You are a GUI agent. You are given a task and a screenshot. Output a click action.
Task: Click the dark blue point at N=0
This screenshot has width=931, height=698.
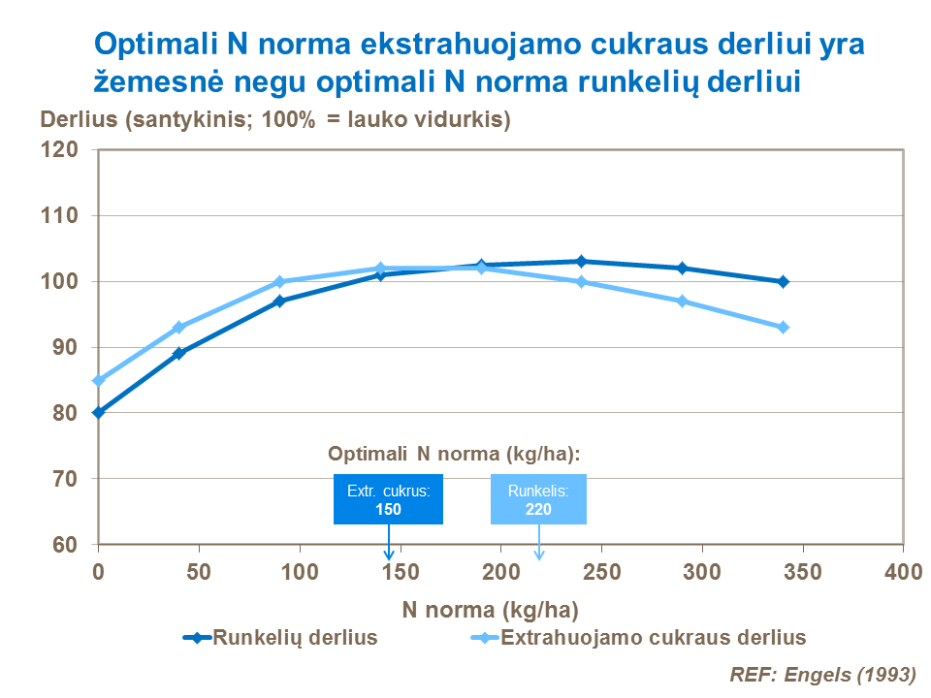[98, 412]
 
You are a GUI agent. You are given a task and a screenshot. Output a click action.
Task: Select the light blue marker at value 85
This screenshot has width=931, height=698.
[98, 380]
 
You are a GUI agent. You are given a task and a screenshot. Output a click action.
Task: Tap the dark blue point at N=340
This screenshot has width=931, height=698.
[783, 281]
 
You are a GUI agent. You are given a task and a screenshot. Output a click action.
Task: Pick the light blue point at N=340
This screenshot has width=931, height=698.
[783, 327]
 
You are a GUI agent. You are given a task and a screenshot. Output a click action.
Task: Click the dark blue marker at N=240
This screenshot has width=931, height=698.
[581, 261]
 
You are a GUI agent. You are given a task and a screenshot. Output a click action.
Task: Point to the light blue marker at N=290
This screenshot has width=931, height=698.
[682, 301]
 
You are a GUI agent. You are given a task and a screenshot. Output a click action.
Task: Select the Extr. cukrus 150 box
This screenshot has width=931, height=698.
[388, 499]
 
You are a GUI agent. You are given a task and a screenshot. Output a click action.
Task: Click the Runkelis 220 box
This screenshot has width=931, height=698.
[538, 499]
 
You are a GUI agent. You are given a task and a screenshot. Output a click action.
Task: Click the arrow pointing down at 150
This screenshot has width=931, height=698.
[388, 543]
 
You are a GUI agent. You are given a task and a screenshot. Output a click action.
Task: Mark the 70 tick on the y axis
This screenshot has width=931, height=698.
[64, 478]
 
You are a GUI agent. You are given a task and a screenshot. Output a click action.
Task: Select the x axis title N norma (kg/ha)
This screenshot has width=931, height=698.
[490, 610]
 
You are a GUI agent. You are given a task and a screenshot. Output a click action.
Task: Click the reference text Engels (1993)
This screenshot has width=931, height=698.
[822, 673]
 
